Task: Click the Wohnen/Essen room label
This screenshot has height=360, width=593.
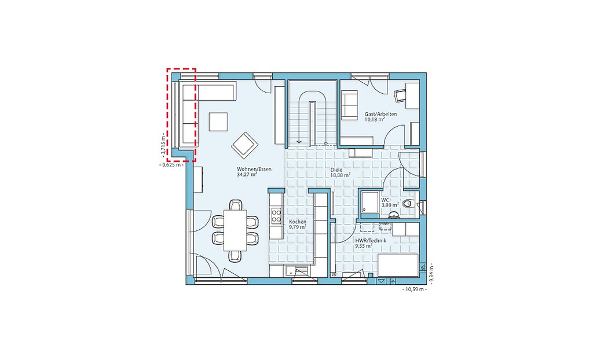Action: point(254,170)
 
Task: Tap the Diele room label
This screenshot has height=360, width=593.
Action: point(336,170)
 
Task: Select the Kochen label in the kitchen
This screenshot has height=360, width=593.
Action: point(298,222)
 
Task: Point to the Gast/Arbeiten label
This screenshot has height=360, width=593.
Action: point(375,114)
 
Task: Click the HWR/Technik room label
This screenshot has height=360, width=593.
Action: point(371,241)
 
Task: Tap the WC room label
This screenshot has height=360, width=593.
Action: point(385,200)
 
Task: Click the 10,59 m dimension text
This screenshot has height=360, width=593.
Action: point(414,289)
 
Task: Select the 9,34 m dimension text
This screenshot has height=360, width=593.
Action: point(431,273)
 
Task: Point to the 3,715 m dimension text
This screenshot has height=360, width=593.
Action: point(163,144)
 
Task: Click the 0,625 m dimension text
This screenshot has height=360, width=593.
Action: point(172,165)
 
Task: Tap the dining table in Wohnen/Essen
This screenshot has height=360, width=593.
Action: point(235,230)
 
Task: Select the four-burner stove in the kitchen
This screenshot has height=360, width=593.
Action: point(276,216)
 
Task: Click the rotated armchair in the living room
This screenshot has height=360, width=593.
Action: point(245,144)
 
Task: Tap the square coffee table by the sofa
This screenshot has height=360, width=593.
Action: point(218,122)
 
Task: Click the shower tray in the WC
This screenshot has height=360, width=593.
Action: point(369,204)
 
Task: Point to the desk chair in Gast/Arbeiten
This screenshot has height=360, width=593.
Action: point(400,95)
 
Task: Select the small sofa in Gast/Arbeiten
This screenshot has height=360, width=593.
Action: point(349,105)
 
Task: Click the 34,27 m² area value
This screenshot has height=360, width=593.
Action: point(247,175)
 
